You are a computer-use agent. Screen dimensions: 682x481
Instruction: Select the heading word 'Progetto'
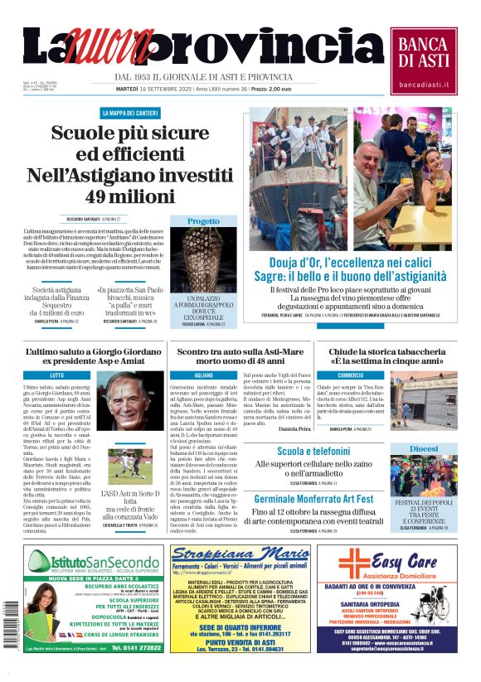[x=203, y=222]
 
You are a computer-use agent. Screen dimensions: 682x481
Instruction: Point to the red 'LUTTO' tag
[x=58, y=375]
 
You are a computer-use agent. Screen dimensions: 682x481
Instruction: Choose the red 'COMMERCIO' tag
[x=338, y=375]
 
